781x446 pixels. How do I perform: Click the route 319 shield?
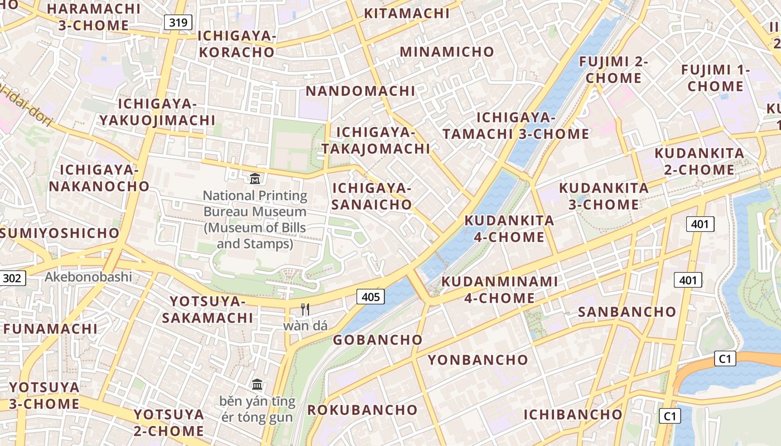[x=178, y=22]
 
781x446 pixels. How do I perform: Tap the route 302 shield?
[x=12, y=278]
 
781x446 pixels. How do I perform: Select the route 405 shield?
[x=370, y=297]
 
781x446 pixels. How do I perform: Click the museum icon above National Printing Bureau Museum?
[x=255, y=178]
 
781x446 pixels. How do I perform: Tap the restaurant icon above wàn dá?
[x=305, y=309]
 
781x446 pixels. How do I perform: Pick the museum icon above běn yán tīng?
[x=257, y=384]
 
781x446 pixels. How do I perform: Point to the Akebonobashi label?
[x=88, y=277]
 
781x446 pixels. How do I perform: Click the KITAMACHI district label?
[x=406, y=13]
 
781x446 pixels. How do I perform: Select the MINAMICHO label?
[x=447, y=52]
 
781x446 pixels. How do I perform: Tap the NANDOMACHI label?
[x=361, y=91]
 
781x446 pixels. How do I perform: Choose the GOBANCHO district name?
[x=378, y=340]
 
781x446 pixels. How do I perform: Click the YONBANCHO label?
[x=478, y=360]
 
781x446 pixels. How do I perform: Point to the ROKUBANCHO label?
[x=362, y=410]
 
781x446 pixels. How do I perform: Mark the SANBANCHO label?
[x=626, y=312]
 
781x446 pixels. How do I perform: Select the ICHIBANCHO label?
[x=572, y=414]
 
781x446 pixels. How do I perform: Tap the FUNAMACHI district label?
[x=51, y=328]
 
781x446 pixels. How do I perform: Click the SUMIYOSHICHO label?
[x=60, y=233]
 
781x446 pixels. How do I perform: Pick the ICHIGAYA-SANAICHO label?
[x=372, y=196]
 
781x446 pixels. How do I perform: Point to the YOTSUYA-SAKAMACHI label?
[x=208, y=309]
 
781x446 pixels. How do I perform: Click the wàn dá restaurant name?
[x=305, y=326]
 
